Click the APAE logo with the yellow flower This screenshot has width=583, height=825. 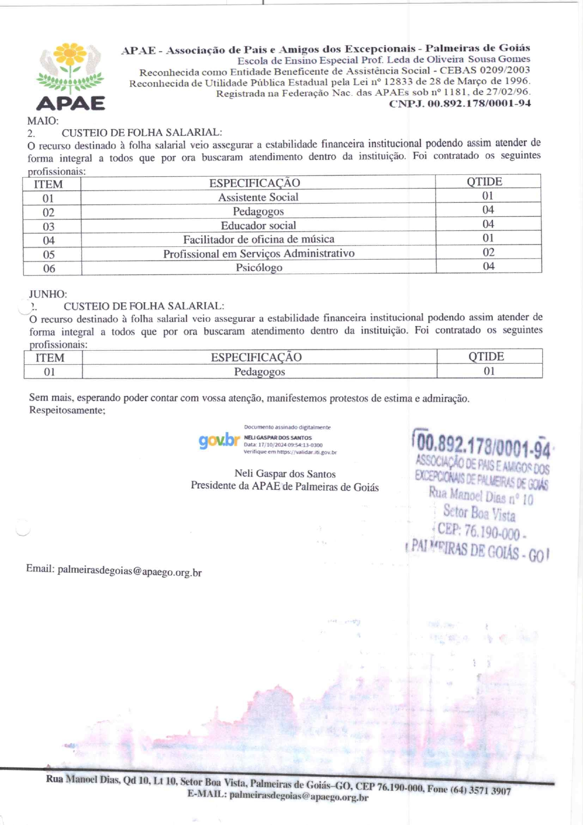[71, 76]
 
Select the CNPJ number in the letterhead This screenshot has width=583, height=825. [460, 103]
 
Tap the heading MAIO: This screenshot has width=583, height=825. [43, 121]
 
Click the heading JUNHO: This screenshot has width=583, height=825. [48, 294]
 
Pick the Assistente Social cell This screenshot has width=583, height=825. [258, 197]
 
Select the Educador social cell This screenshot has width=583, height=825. [258, 225]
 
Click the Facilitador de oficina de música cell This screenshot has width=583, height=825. [259, 239]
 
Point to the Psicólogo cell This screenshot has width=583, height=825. [259, 267]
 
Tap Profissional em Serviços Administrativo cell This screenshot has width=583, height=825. [259, 253]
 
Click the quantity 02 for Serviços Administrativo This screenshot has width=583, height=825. [488, 252]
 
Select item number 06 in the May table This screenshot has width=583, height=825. [49, 268]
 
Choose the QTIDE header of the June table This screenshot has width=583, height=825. [486, 356]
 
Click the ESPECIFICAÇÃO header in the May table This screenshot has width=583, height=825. [254, 183]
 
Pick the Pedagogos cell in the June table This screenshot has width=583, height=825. [260, 371]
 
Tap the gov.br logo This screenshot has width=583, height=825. [219, 440]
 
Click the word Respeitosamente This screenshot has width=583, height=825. [67, 410]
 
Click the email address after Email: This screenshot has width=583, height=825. [129, 571]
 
